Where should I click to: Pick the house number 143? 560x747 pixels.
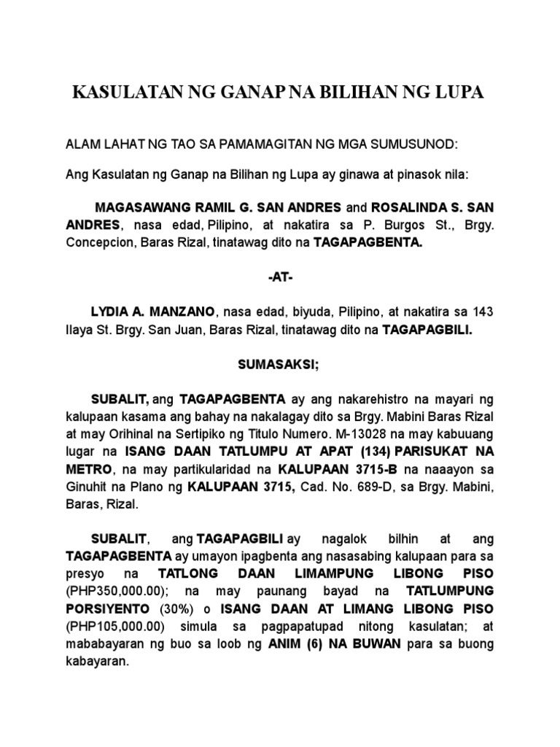click(x=483, y=312)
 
